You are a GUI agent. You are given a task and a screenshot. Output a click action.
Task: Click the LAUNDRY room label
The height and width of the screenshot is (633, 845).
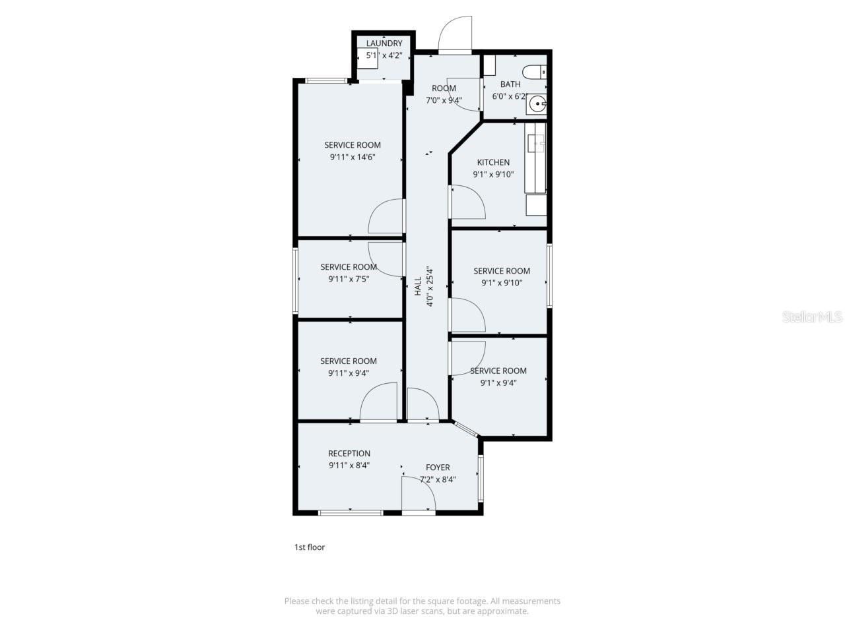click(x=384, y=44)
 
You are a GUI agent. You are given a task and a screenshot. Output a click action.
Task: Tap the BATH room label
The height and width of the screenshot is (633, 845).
click(x=510, y=84)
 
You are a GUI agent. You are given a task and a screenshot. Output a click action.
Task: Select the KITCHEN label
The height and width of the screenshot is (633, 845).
click(x=493, y=162)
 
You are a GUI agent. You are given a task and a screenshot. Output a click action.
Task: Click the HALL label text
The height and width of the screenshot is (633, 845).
click(x=418, y=286)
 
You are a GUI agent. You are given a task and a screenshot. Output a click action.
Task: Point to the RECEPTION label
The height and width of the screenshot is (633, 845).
click(x=349, y=454)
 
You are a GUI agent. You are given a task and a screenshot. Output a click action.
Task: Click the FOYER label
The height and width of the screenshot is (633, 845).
click(x=438, y=467)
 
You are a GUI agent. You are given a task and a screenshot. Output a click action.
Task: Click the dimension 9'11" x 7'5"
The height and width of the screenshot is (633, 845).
click(x=349, y=279)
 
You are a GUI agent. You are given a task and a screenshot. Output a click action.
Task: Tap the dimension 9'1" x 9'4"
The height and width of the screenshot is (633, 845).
click(x=498, y=382)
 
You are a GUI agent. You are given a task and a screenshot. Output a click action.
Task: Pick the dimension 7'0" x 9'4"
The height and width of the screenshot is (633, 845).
click(x=444, y=101)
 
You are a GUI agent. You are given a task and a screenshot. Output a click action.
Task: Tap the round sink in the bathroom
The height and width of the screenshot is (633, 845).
click(x=538, y=104)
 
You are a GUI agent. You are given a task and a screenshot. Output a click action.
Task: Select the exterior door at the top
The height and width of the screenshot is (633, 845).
click(x=456, y=34)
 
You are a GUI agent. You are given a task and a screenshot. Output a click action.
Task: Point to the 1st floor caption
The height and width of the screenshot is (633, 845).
click(x=309, y=547)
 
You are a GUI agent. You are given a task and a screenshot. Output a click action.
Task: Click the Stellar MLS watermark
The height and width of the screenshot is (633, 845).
click(x=811, y=317)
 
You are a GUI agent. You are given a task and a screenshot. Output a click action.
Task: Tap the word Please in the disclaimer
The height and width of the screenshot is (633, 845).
click(x=296, y=601)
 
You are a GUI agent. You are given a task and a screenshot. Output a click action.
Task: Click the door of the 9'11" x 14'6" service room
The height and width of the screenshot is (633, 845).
click(x=386, y=216)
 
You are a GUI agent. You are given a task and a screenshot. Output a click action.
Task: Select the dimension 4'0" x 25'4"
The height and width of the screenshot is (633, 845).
click(x=430, y=286)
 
